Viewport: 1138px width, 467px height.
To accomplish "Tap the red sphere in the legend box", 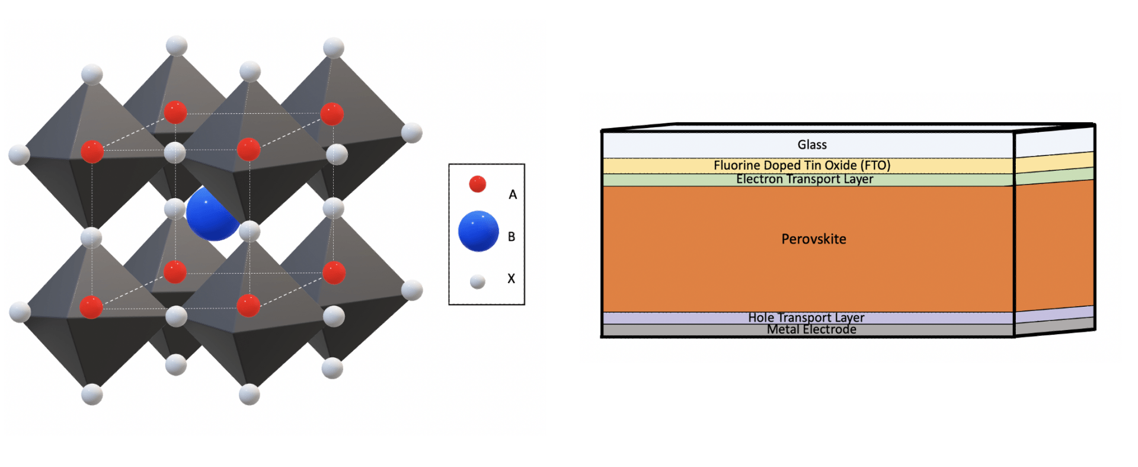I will pos(477,184).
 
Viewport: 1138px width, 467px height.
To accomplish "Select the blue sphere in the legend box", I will pos(478,231).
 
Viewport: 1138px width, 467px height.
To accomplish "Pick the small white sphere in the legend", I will pos(478,281).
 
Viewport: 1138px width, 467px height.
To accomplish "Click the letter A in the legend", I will pos(513,195).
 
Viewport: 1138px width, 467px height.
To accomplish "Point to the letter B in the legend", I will pos(512,237).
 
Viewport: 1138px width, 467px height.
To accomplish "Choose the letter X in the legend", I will pos(511,278).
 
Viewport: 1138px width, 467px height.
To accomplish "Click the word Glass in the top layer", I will pos(811,145).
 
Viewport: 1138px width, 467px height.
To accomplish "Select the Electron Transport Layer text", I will pos(804,179).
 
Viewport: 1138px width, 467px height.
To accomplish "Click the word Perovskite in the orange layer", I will pos(813,239).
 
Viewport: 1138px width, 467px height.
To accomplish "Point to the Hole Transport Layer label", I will pos(805,317).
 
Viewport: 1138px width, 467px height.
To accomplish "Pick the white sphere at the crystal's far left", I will pos(19,154).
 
